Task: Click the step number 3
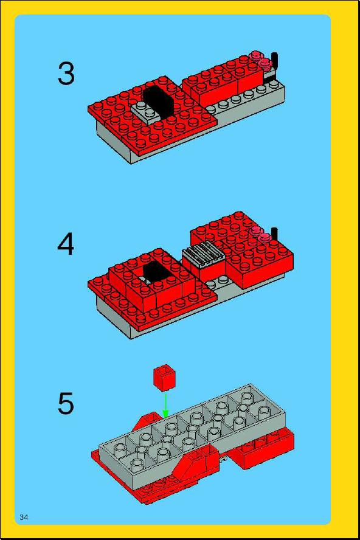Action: pos(66,74)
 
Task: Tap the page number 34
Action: pos(24,517)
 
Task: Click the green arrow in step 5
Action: pos(165,405)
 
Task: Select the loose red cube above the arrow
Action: pos(164,378)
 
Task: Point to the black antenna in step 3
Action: pos(275,61)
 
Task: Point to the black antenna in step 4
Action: pos(275,234)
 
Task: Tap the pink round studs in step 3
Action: pos(261,60)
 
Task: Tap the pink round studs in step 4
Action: pos(261,234)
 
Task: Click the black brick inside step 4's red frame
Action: pos(157,272)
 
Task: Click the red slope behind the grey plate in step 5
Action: pos(147,420)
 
